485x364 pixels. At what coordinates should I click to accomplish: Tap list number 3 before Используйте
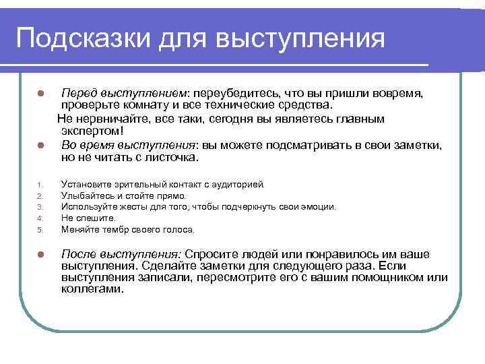pos(40,207)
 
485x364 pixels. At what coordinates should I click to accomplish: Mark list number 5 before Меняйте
pos(40,230)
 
